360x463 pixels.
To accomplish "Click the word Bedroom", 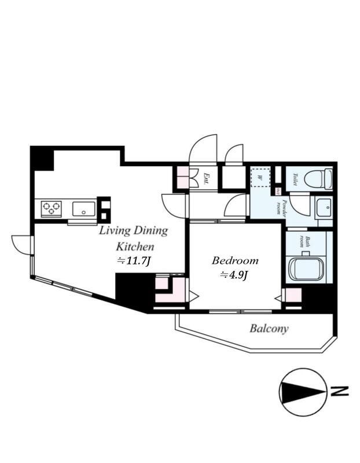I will (234, 260).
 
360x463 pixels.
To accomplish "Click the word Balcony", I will (269, 329).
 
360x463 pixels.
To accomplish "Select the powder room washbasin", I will (324, 208).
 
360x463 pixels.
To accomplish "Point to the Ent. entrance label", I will (206, 178).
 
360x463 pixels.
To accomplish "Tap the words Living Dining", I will (133, 231).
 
